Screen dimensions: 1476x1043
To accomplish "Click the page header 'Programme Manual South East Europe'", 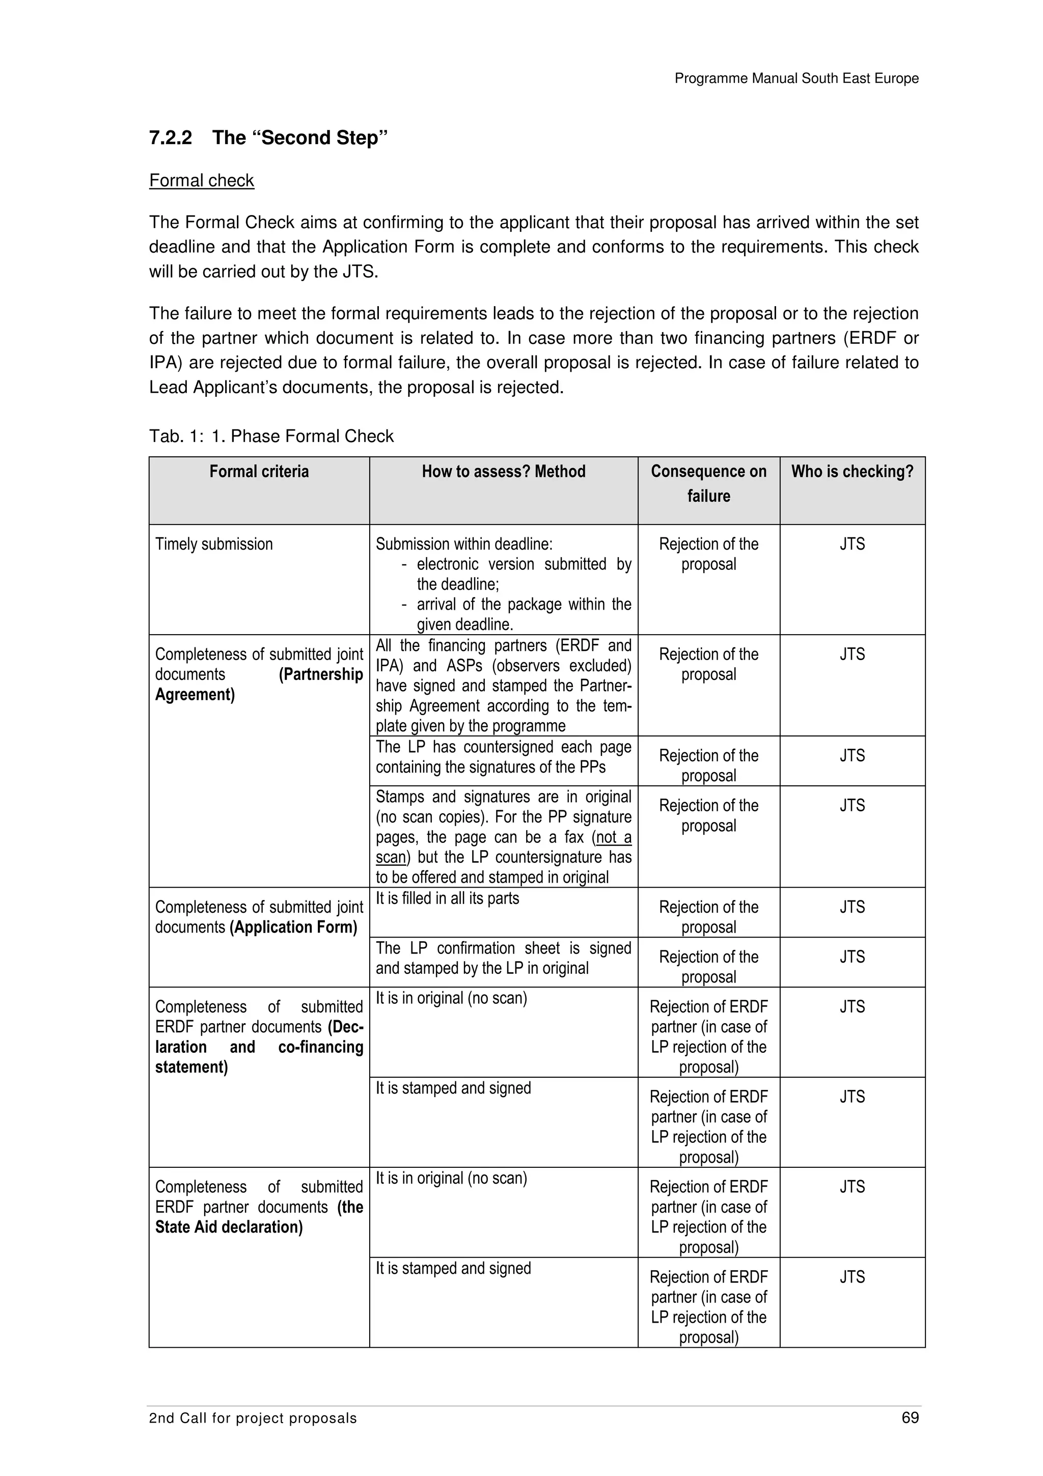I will (795, 78).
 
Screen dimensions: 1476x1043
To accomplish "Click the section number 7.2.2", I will (170, 138).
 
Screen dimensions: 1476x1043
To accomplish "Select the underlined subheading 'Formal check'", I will (201, 181).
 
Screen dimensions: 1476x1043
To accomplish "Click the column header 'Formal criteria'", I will (259, 472).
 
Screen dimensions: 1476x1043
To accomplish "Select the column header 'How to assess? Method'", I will (503, 472).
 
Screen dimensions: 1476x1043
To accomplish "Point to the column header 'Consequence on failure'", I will (708, 483).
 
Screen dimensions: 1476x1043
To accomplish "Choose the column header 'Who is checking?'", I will (852, 472).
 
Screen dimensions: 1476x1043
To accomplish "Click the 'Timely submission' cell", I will (214, 544).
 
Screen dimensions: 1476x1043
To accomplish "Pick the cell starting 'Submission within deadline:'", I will (503, 583).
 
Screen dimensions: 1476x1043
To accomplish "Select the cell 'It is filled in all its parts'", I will (447, 899).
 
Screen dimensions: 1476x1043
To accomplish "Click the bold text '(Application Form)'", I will (293, 927).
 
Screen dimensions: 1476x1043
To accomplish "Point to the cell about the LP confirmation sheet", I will (503, 958).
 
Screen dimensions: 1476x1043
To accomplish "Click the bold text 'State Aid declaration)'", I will (229, 1227).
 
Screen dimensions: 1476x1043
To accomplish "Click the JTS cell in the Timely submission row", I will (852, 544).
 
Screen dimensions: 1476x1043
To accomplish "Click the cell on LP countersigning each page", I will (503, 757).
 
